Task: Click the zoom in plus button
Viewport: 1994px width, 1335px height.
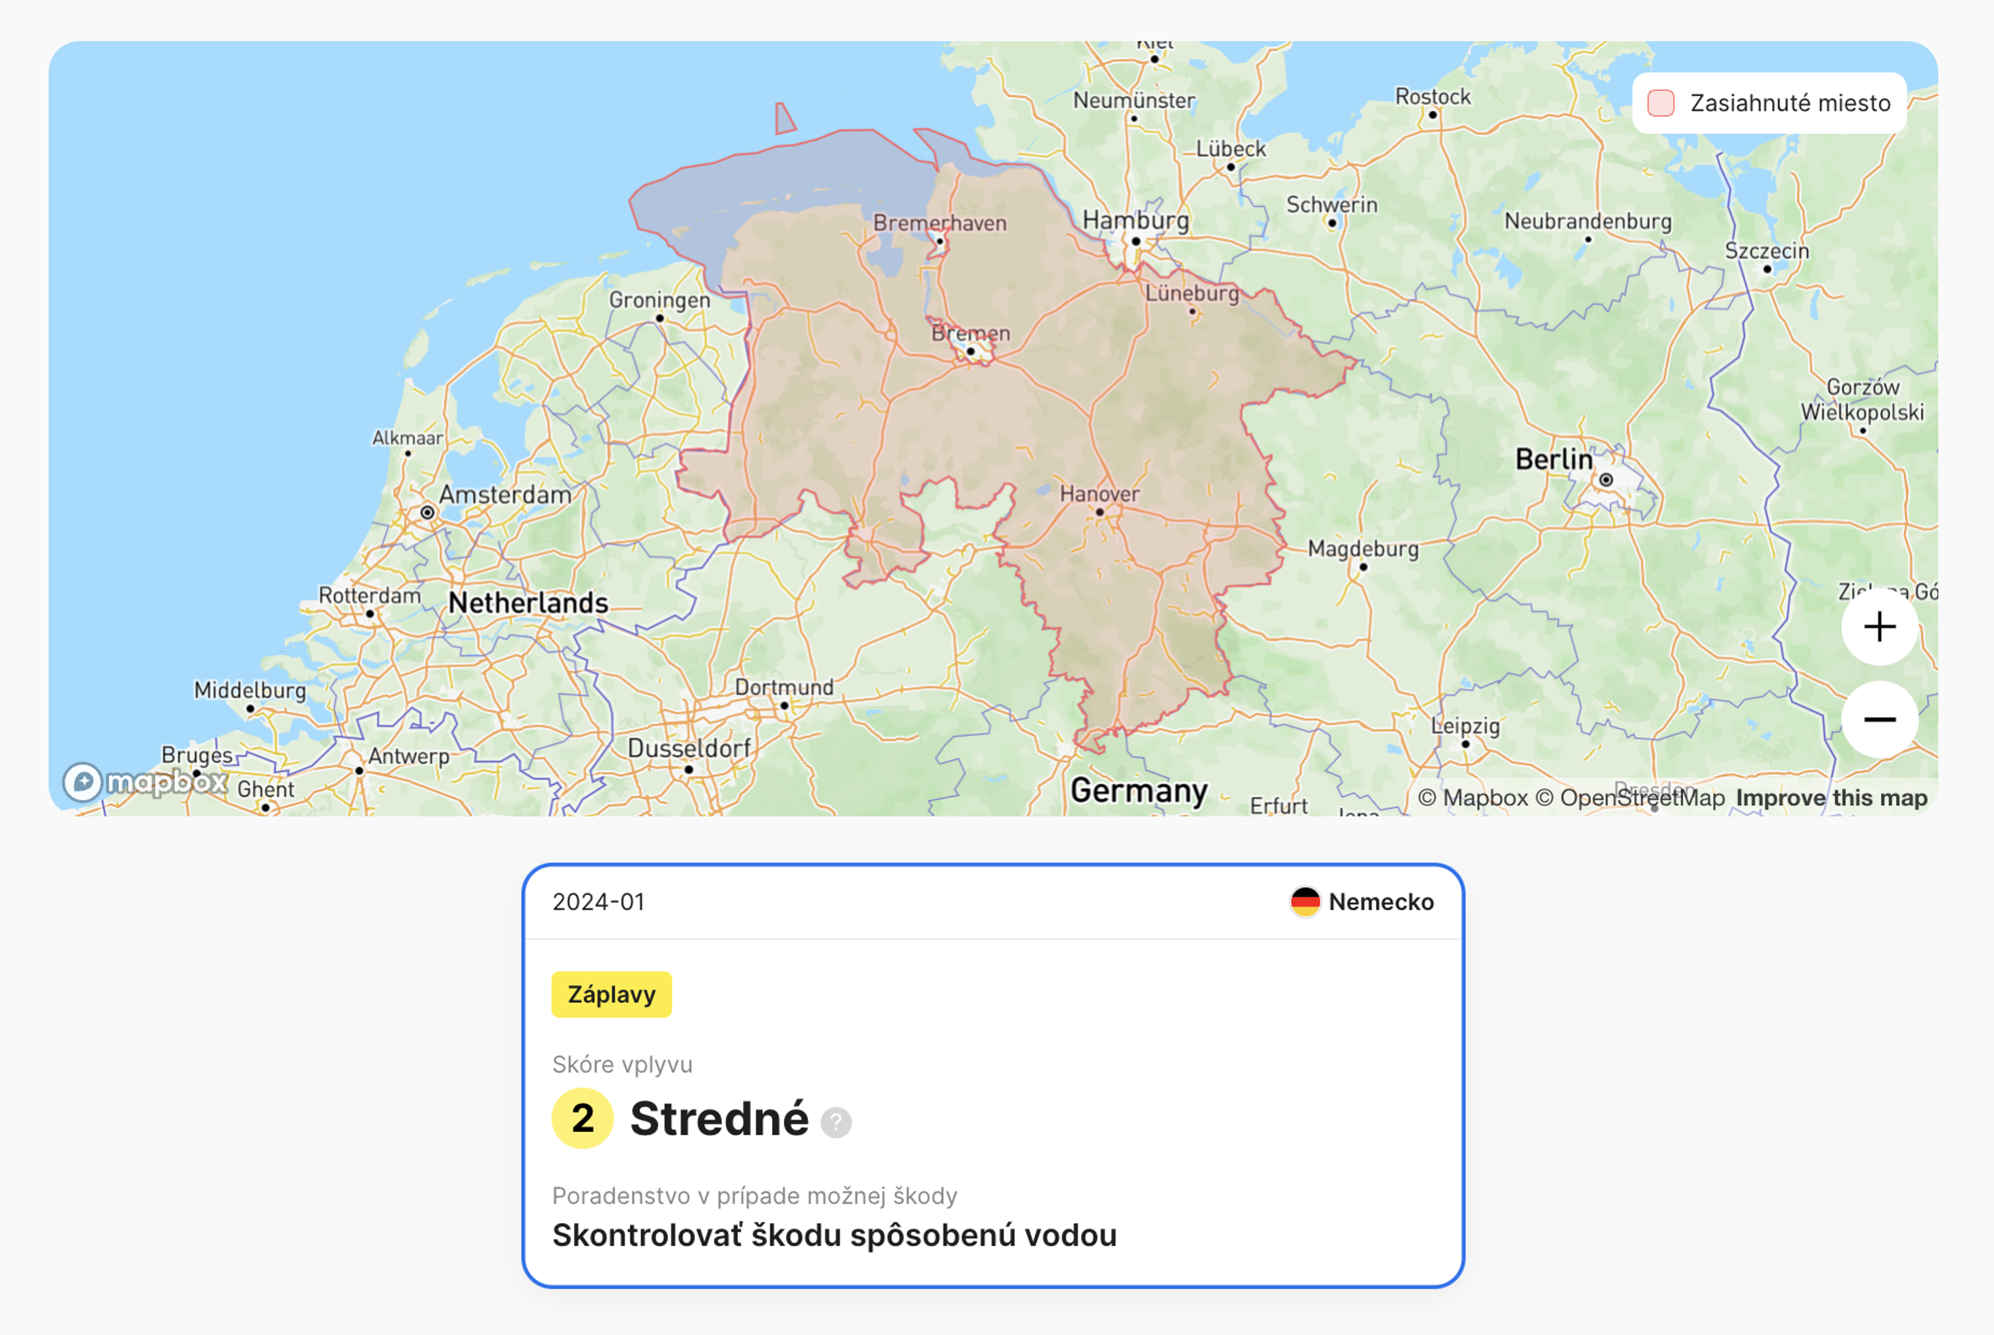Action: (x=1879, y=627)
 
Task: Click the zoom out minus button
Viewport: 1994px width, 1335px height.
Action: (x=1879, y=720)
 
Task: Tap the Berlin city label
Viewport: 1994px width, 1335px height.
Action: (x=1553, y=460)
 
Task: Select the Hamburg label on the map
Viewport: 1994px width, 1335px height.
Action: (x=1135, y=221)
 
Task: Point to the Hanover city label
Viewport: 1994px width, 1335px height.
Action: (x=1099, y=494)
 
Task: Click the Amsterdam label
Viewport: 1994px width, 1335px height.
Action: (x=505, y=495)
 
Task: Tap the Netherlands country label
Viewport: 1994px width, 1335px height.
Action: (x=528, y=603)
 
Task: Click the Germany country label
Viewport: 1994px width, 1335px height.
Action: (x=1138, y=791)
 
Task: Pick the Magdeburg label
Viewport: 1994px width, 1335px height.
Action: (x=1363, y=549)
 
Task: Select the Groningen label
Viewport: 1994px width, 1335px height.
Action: (x=659, y=301)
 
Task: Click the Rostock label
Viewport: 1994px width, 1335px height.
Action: (x=1432, y=97)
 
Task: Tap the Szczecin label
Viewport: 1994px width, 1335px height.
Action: (x=1767, y=251)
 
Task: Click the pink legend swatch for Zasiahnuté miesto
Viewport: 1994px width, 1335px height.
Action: (x=1660, y=103)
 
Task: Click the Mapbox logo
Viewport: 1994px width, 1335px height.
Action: (x=145, y=781)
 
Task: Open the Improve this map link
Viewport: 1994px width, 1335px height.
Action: (x=1831, y=798)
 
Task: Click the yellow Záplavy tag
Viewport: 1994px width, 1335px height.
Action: (x=611, y=994)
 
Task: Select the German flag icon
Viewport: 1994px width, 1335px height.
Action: (x=1304, y=901)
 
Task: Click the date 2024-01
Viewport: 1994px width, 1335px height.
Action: (x=599, y=901)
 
